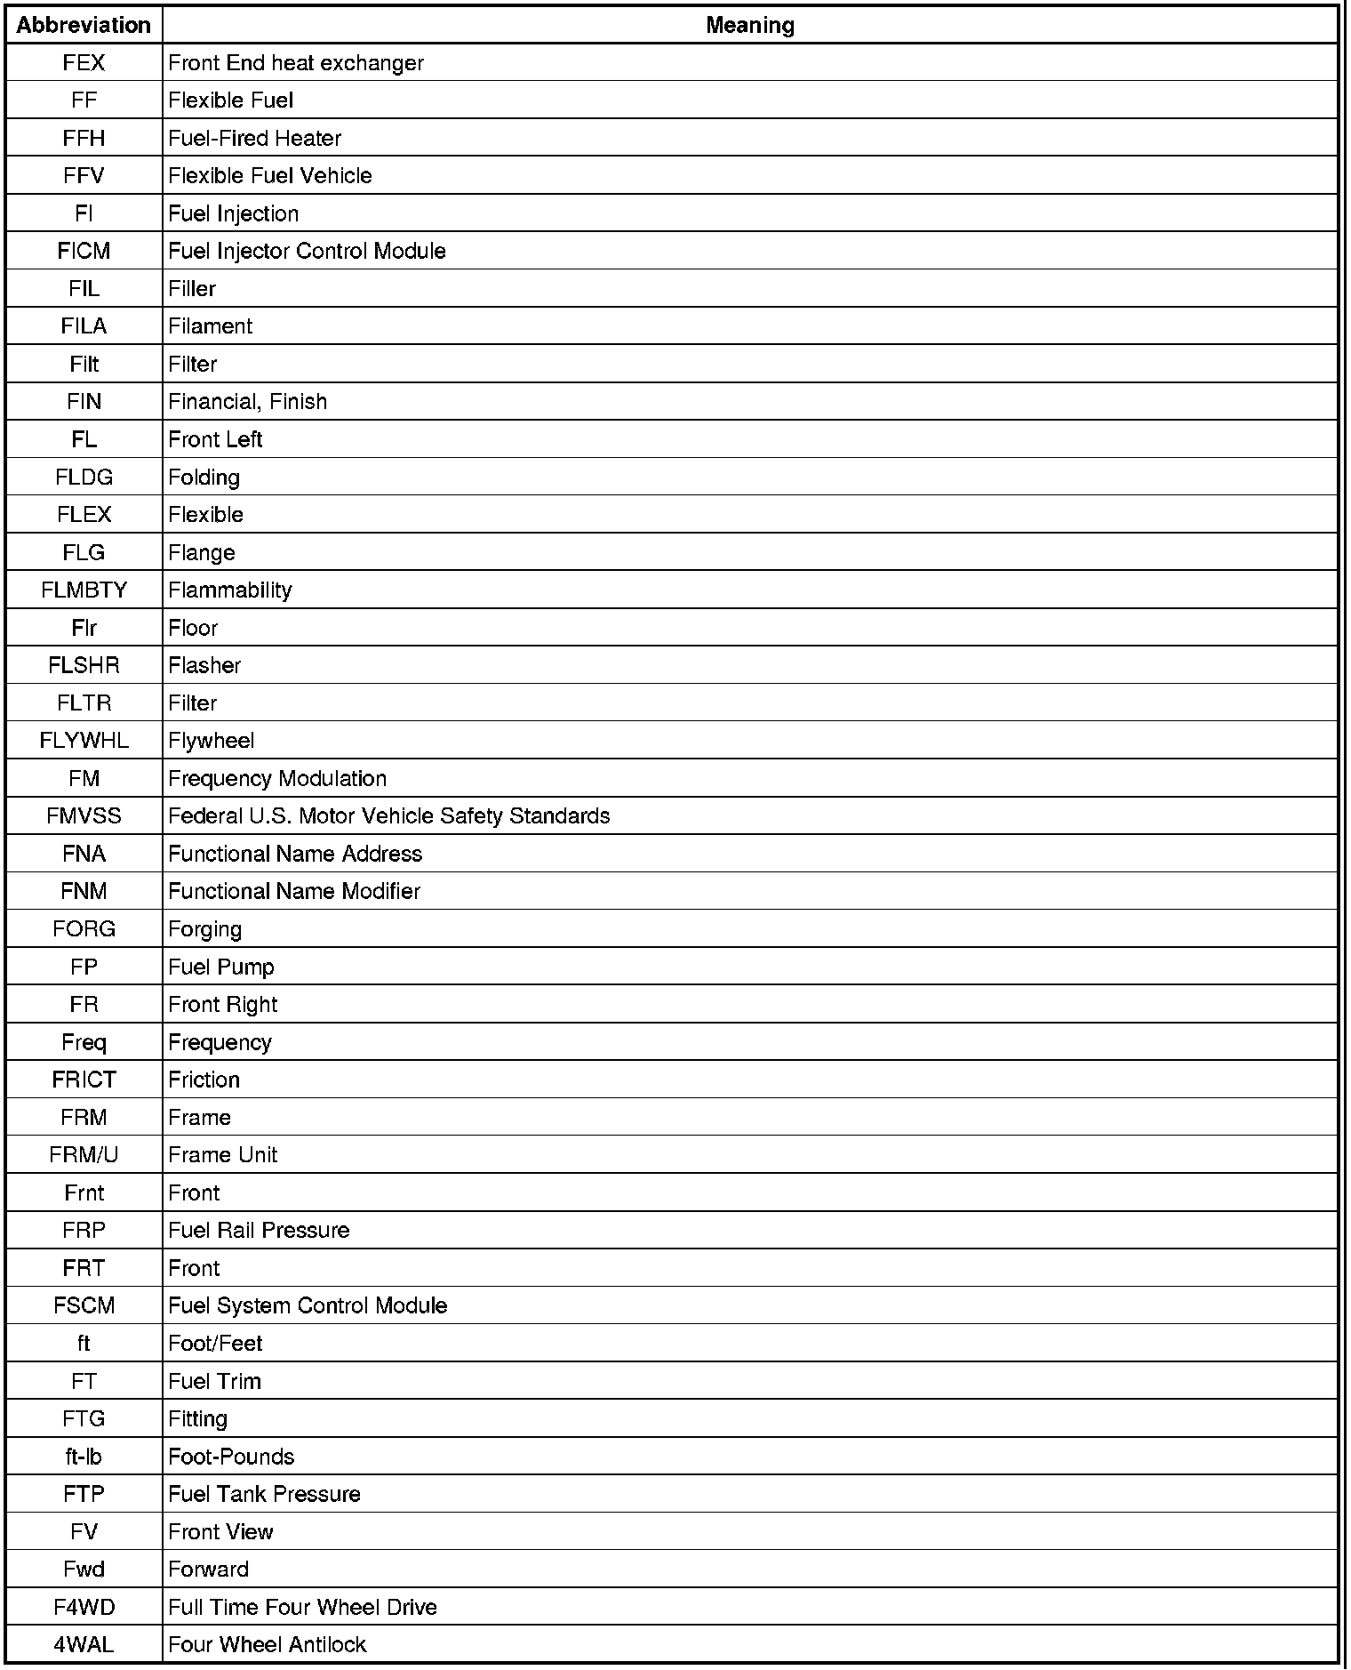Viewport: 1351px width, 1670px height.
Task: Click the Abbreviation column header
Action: click(x=84, y=25)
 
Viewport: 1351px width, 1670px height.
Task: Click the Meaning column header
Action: click(x=749, y=25)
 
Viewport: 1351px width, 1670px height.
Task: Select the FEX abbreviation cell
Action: click(x=84, y=63)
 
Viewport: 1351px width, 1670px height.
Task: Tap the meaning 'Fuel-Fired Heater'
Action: click(x=254, y=139)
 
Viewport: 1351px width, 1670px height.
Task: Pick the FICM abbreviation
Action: click(x=84, y=252)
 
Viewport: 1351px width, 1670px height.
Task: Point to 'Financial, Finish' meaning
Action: click(x=247, y=402)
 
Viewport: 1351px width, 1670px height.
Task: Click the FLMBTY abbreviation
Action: click(x=84, y=590)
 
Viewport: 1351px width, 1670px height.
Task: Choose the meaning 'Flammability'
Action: click(x=229, y=590)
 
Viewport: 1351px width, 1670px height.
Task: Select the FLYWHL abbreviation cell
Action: click(x=84, y=741)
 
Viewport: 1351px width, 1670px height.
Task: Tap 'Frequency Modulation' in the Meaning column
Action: click(x=276, y=779)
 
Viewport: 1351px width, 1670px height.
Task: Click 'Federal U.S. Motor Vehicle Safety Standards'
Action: click(x=388, y=816)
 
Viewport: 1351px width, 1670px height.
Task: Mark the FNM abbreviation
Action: click(x=84, y=892)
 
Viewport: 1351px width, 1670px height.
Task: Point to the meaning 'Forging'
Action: click(x=204, y=929)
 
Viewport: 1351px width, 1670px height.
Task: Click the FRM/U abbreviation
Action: click(x=84, y=1155)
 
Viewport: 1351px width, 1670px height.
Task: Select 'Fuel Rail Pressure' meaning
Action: click(x=259, y=1231)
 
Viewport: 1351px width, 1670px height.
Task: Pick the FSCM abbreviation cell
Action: click(x=84, y=1306)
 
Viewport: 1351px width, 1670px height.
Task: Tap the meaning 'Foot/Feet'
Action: click(x=215, y=1344)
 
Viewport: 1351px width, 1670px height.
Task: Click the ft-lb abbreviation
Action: click(x=84, y=1457)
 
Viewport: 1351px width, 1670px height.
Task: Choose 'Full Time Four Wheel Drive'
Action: click(x=302, y=1608)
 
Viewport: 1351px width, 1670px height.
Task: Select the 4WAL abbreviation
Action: click(x=84, y=1645)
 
